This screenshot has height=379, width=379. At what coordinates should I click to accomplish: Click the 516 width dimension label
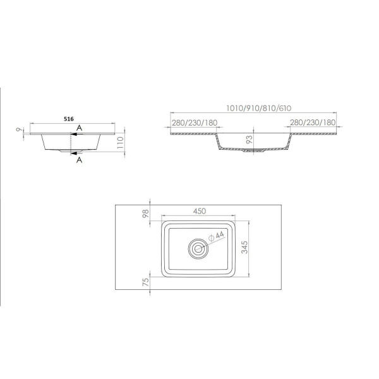coord(69,119)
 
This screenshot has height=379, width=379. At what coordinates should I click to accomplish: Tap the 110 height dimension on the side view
coord(120,143)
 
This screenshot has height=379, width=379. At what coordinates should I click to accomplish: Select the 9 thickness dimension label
coord(19,129)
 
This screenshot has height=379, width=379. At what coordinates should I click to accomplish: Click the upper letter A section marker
coord(80,128)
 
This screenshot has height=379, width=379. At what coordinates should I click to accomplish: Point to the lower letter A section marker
coord(80,160)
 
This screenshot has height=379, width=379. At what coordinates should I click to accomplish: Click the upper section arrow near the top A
coord(76,134)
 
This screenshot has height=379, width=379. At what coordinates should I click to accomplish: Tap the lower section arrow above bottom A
coord(76,153)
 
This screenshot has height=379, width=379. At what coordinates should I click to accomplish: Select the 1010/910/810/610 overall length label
coord(258,108)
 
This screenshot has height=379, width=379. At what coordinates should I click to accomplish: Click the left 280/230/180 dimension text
coord(195,123)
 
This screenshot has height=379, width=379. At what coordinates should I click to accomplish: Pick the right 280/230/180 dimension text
coord(313,123)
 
